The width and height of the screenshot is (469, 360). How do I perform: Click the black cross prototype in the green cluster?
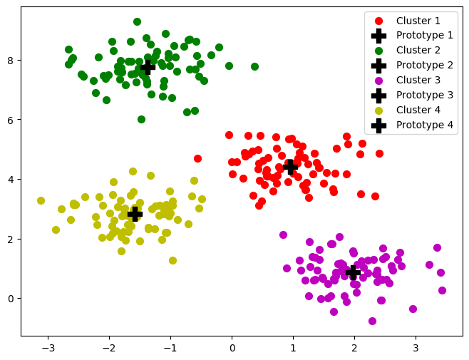tap(148, 67)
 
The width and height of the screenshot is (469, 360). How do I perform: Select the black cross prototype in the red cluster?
tap(290, 167)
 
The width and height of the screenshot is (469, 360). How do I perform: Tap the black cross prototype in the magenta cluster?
tap(353, 272)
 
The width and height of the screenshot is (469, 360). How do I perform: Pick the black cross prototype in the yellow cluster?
tap(135, 214)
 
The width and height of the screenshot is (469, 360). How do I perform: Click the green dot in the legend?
tap(379, 50)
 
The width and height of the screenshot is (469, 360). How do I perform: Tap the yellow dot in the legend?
tap(379, 110)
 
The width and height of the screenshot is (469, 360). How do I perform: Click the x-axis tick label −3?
tap(48, 349)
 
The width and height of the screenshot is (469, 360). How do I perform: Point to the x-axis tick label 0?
tap(232, 349)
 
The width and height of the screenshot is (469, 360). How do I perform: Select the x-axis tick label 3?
tap(416, 349)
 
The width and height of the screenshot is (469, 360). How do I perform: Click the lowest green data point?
tap(141, 119)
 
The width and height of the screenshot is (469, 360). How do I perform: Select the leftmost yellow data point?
tap(41, 200)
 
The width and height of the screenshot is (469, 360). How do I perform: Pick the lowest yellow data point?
tap(172, 260)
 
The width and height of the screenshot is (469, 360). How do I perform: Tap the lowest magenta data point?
tap(372, 321)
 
